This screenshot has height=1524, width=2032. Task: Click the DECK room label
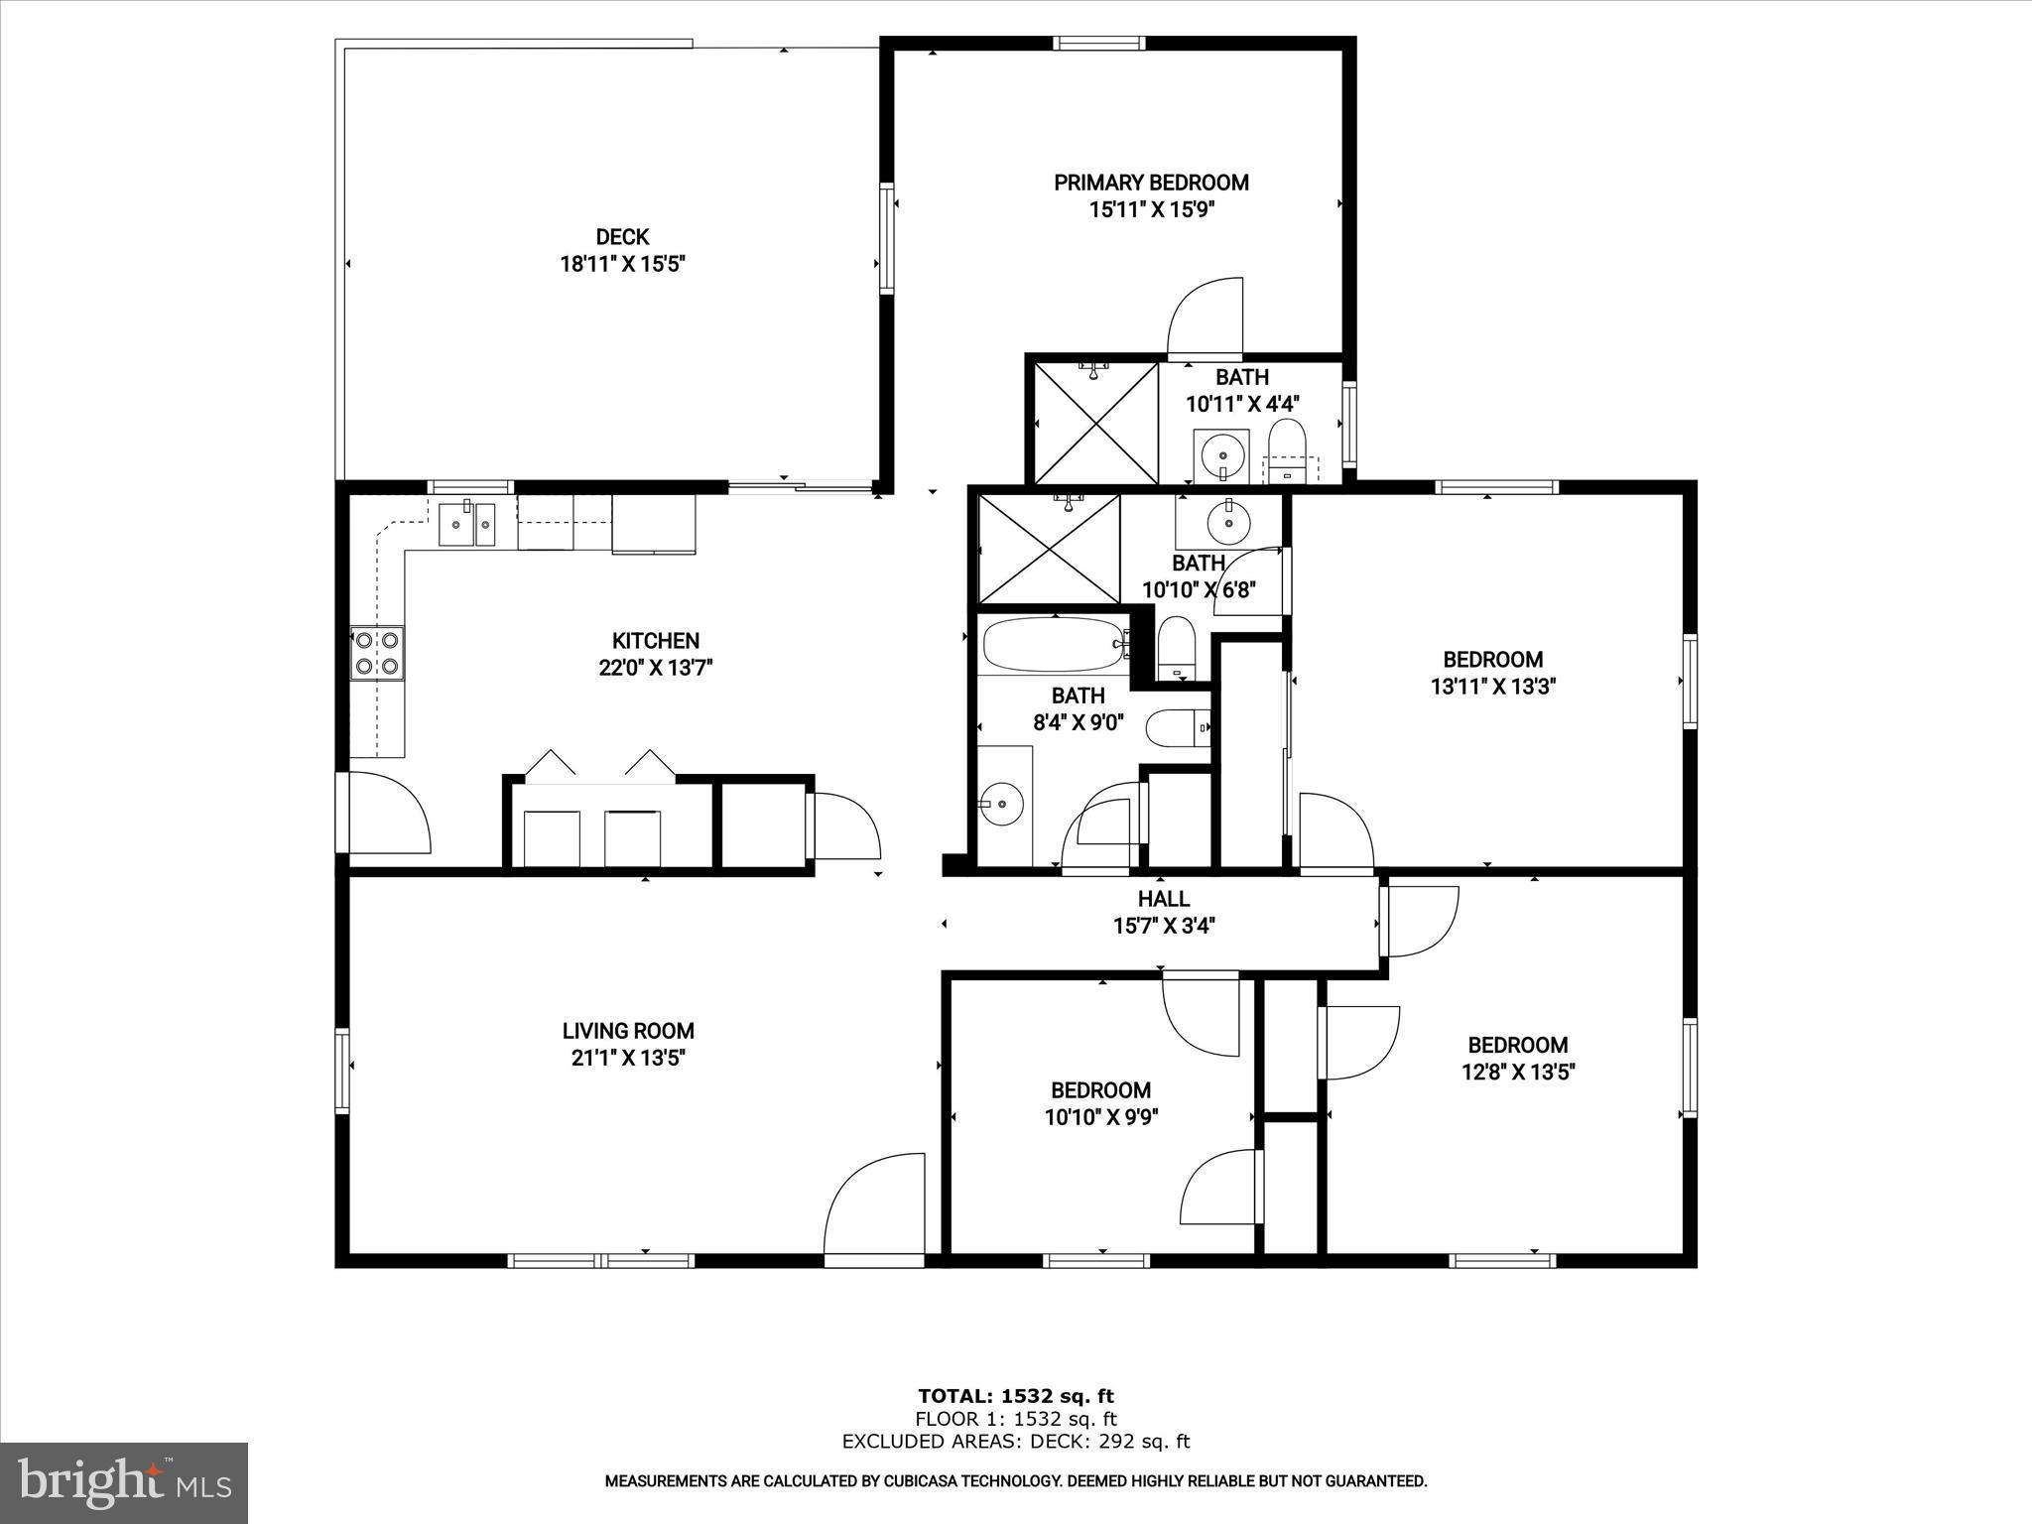tap(622, 237)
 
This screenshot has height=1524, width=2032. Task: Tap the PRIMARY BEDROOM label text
tap(1151, 183)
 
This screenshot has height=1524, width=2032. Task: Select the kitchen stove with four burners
tap(377, 653)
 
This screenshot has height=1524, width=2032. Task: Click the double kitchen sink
tap(467, 523)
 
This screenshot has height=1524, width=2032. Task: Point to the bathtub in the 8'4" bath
tap(1055, 645)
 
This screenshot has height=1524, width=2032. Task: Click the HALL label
tap(1164, 899)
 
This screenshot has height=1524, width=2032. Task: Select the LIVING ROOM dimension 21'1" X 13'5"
tap(628, 1058)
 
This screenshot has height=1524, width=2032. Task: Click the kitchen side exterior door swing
tap(389, 812)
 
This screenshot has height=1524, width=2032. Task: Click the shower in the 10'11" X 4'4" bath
tap(1095, 424)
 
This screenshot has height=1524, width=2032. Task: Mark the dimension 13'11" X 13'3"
tap(1492, 687)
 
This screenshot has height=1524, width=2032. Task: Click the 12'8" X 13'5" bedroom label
tap(1517, 1045)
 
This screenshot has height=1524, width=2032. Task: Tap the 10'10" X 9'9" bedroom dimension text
tap(1101, 1117)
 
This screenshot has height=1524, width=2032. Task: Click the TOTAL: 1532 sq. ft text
tap(1015, 1397)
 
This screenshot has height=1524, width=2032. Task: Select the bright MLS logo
tap(124, 1482)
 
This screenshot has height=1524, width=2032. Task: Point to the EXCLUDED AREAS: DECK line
tap(1015, 1442)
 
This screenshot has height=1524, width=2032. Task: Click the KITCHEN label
tap(655, 641)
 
